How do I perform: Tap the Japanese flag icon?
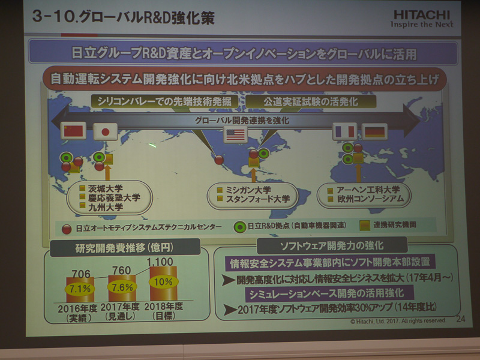click(105, 131)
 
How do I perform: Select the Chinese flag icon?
click(75, 131)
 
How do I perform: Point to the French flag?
click(344, 131)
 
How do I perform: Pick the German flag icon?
click(376, 131)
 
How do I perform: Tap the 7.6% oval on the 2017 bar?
click(122, 287)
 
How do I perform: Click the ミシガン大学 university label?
click(253, 189)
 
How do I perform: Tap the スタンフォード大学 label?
click(257, 199)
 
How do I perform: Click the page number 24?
click(460, 319)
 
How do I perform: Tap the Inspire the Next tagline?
click(422, 25)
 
